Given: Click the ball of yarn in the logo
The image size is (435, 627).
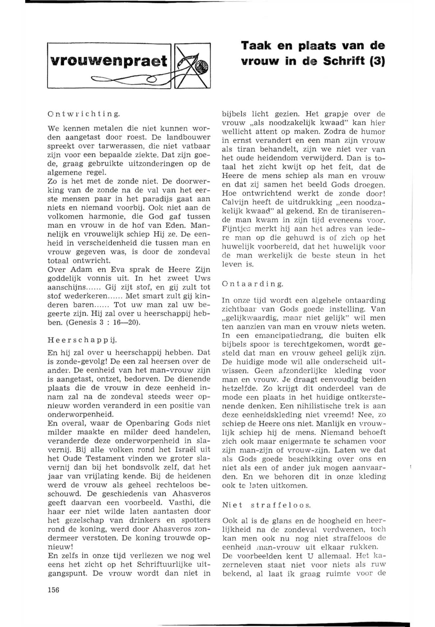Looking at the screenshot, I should pos(203,65).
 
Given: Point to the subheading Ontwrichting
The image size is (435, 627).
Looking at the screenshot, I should pos(84,114).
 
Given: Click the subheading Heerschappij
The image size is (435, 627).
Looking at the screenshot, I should pos(82,340).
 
